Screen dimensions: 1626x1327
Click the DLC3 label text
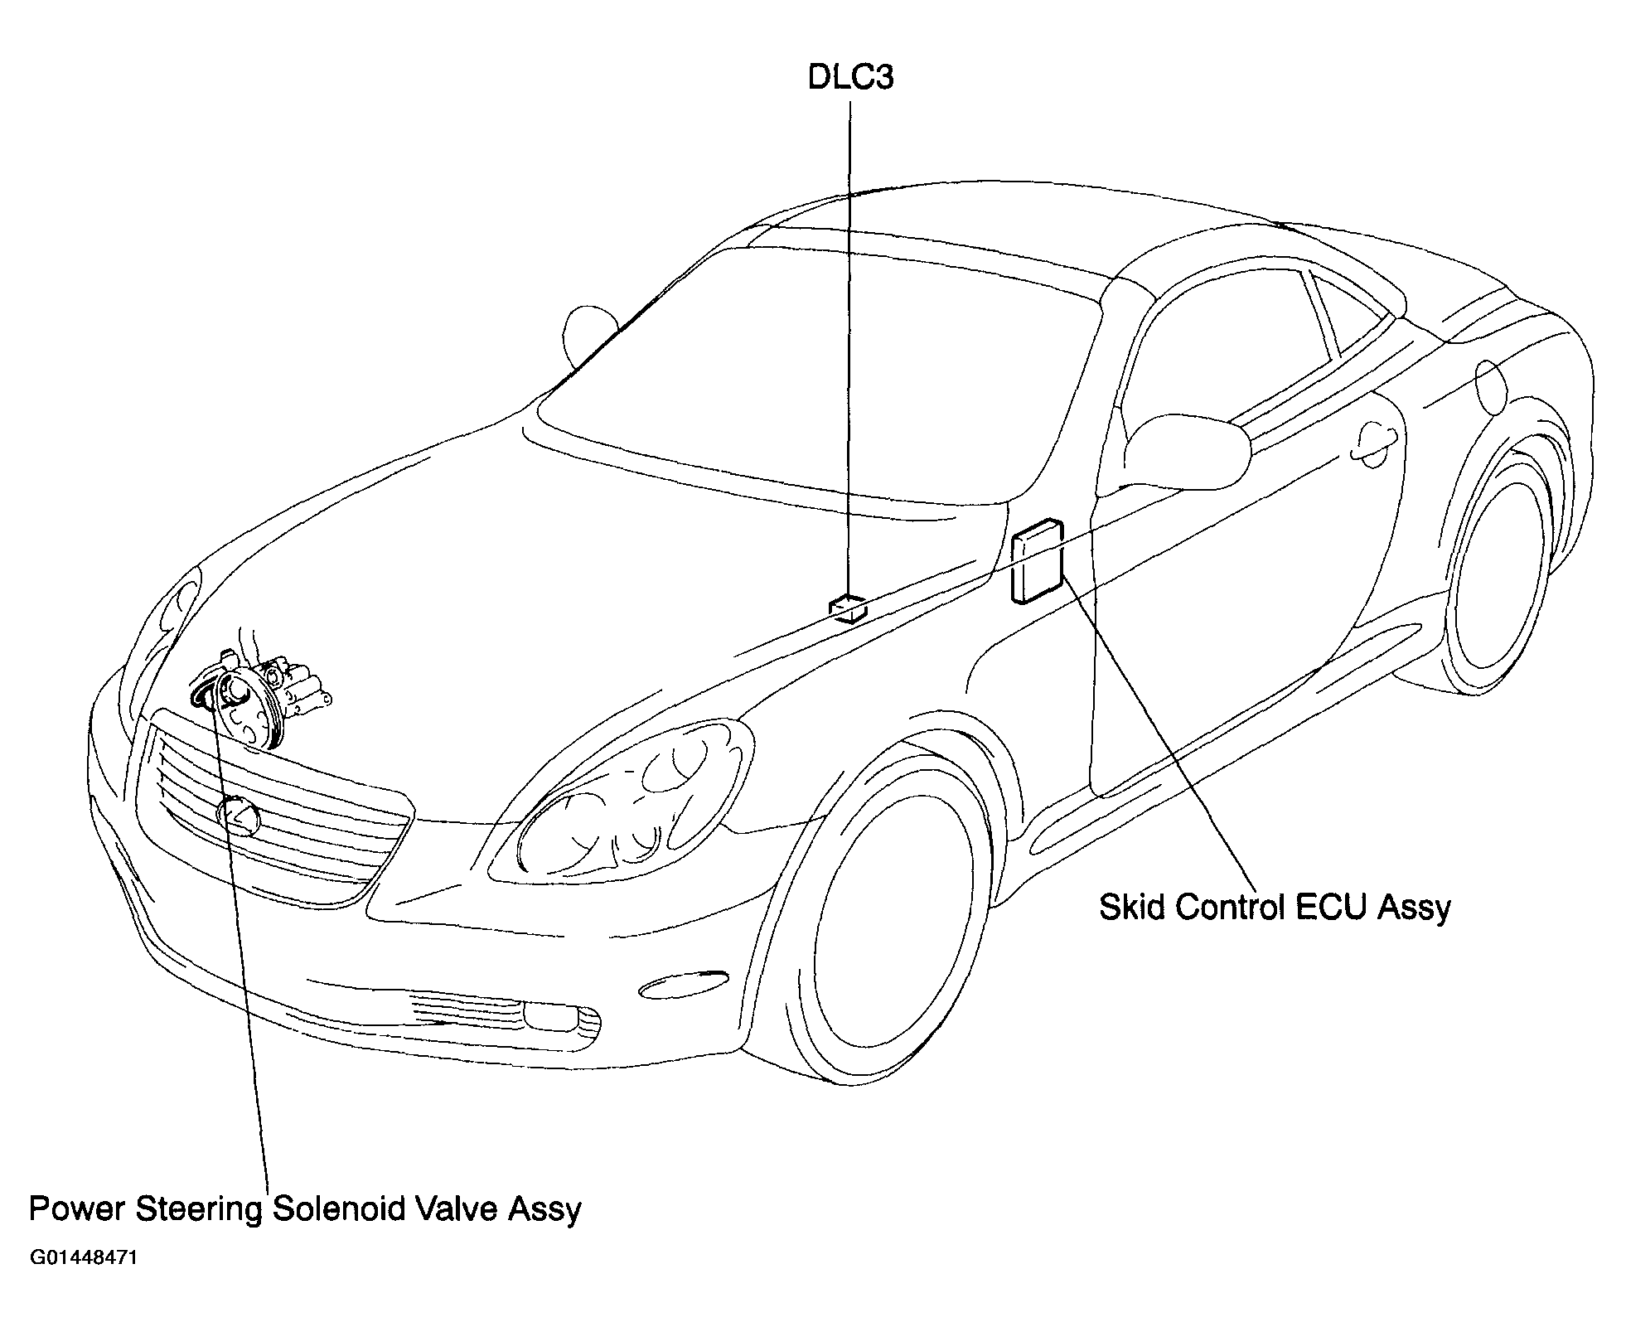(850, 78)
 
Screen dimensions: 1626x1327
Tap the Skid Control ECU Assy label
(1275, 908)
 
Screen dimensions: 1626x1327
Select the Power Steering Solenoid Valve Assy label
(305, 1209)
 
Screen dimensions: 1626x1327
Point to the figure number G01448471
(84, 1258)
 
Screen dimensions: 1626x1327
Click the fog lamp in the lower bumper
(560, 1016)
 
